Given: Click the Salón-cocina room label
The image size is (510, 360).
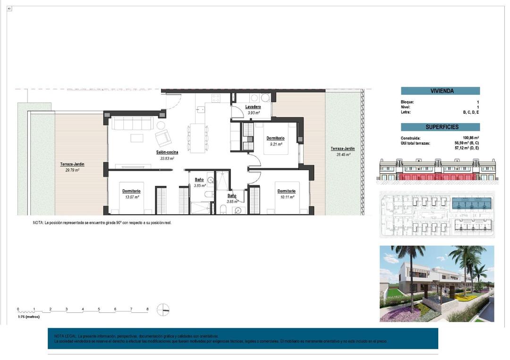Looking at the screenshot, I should pos(167,152).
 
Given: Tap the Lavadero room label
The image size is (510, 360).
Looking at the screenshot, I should pos(254,107).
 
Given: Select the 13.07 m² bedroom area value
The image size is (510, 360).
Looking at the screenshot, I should pos(131,197).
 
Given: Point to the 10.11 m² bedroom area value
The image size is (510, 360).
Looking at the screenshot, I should pos(286,197).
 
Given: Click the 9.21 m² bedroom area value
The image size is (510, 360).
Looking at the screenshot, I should pos(275,144).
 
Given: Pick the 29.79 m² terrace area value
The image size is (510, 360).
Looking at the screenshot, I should pos(72,170).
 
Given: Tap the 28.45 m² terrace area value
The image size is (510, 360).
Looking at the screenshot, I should pos(343,154).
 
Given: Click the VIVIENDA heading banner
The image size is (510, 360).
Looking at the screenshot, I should pos(440,91).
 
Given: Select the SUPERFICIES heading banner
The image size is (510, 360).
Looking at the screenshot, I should pos(440,127).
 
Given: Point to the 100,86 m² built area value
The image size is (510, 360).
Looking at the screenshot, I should pos(471,138).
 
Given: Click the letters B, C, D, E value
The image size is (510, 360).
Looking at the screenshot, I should pos(471,112).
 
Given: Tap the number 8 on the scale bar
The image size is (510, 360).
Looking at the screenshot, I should pos(147,309).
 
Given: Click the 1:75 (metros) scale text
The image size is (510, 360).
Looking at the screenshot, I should pos(29,317).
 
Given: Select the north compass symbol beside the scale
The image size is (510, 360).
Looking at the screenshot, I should pos(163,310).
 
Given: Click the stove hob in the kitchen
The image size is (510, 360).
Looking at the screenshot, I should pos(216,98).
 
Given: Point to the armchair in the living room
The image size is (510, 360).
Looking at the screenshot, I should pos(163,137).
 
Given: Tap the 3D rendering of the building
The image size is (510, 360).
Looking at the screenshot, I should pos(437,284).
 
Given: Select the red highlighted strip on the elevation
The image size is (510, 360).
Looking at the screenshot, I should pos(437,176).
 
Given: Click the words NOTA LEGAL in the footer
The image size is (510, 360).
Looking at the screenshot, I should pos(65,335).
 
